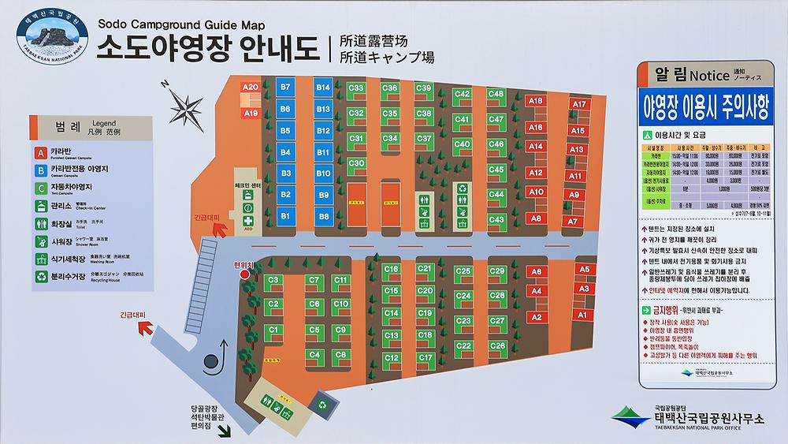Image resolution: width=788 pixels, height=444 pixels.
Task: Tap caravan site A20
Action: click(251, 88)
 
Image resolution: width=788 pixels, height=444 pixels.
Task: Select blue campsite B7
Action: click(286, 87)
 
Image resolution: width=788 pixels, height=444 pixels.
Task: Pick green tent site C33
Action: click(356, 88)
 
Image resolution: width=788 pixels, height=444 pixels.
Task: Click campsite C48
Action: click(496, 94)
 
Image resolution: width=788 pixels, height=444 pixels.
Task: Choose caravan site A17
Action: click(580, 105)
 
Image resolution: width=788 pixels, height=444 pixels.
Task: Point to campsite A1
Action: click(584, 315)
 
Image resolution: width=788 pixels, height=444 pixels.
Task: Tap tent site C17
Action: click(425, 357)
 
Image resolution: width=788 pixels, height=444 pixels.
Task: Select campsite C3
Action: click(275, 280)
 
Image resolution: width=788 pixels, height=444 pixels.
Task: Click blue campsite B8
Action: click(324, 215)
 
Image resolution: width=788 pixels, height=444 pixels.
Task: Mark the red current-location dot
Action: click(244, 274)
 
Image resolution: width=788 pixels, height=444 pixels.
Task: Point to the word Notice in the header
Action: click(709, 76)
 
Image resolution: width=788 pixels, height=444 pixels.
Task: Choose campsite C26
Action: click(497, 346)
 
